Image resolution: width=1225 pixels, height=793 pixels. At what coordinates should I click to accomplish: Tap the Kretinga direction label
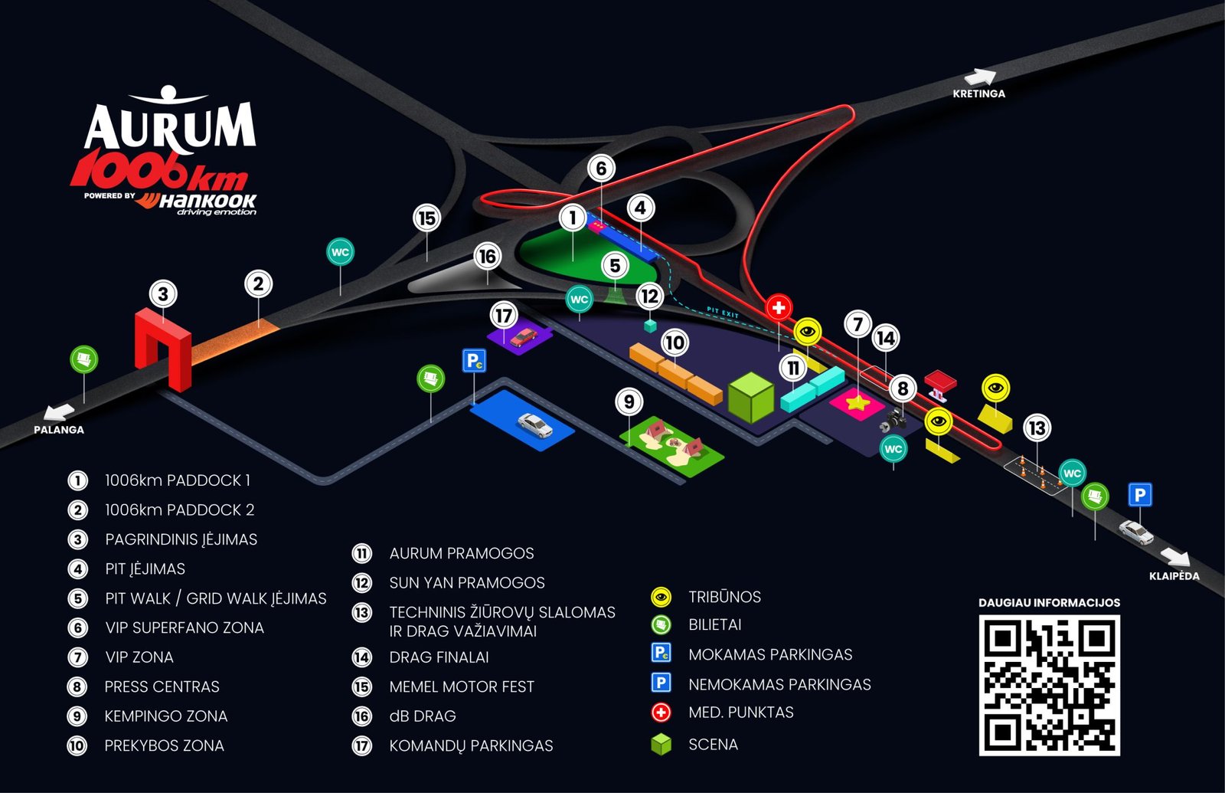tap(978, 93)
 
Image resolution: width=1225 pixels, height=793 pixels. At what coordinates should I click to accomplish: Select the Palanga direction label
tap(58, 430)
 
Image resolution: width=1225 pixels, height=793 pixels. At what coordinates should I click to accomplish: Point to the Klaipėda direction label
tap(1174, 576)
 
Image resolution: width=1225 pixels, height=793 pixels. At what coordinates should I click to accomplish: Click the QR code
tap(1049, 685)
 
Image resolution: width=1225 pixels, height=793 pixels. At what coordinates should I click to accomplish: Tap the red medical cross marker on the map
tap(779, 308)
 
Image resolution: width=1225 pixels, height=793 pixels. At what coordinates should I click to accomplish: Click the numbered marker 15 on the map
tap(427, 218)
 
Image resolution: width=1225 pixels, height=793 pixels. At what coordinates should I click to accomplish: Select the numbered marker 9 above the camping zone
tap(629, 401)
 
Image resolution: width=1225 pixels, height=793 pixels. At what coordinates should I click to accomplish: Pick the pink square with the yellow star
tap(856, 402)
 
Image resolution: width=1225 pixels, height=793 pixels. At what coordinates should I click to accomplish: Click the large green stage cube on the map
tap(751, 398)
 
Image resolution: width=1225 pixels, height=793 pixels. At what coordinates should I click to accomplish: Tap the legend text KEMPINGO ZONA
tap(165, 716)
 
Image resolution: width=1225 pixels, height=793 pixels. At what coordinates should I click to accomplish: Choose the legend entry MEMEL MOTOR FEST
tap(461, 687)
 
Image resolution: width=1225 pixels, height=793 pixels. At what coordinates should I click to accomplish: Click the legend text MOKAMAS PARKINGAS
tap(769, 655)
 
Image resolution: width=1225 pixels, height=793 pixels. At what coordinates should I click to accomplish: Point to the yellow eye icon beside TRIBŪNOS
tap(661, 597)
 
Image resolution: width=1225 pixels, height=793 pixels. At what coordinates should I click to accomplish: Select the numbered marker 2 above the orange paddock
tap(258, 284)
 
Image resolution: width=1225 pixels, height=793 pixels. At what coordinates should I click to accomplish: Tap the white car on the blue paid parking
tap(534, 425)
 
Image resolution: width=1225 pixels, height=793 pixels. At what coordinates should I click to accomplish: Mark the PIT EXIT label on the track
tap(722, 313)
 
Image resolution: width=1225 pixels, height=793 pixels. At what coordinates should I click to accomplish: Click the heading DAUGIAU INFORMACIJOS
tap(1049, 603)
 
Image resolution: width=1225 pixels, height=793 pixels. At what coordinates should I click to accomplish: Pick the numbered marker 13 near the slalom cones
tap(1037, 428)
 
